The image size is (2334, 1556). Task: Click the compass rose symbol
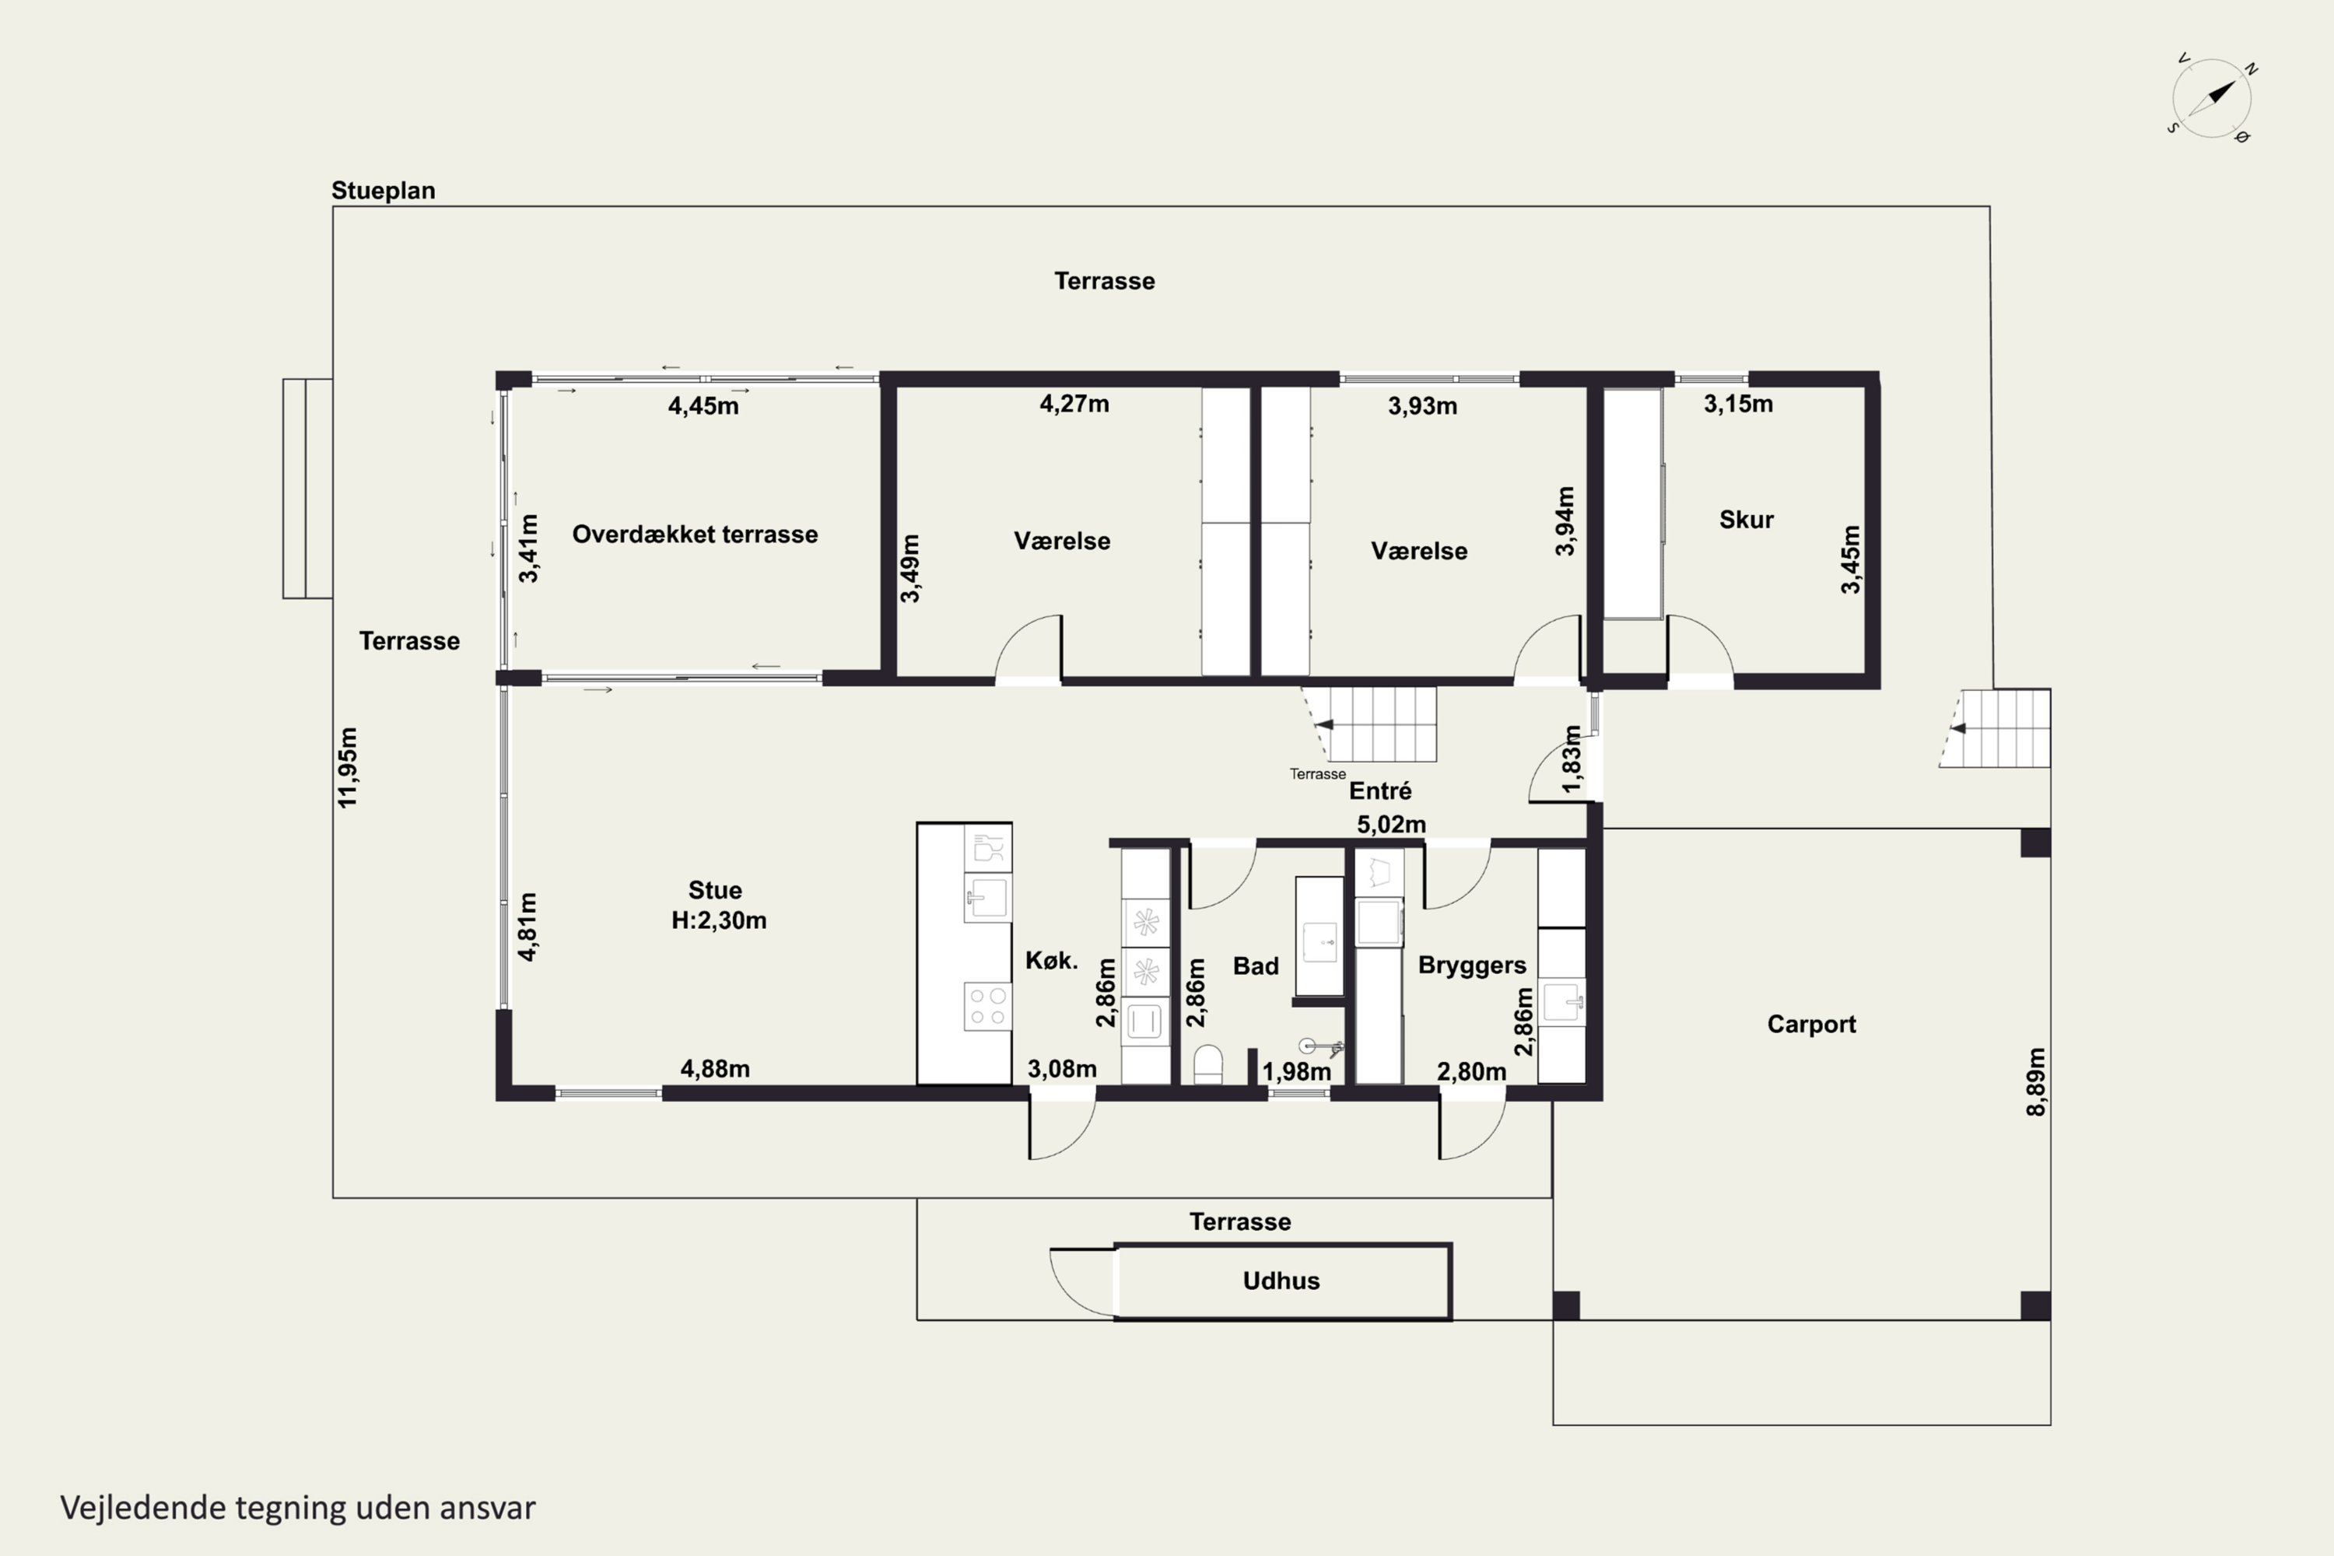[x=2212, y=98]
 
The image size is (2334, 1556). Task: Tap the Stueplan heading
[x=383, y=191]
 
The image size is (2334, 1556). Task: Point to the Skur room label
[x=1746, y=519]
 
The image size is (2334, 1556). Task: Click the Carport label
[x=1811, y=1024]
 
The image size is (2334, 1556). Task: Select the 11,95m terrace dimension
[x=347, y=767]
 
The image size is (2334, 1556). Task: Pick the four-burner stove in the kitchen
[x=987, y=1006]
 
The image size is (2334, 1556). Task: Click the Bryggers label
[x=1472, y=965]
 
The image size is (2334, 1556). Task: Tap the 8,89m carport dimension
[x=2035, y=1081]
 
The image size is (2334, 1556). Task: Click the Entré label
[x=1379, y=791]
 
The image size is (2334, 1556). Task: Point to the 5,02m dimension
[x=1391, y=825]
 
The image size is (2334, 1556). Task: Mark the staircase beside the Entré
[x=1369, y=724]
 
